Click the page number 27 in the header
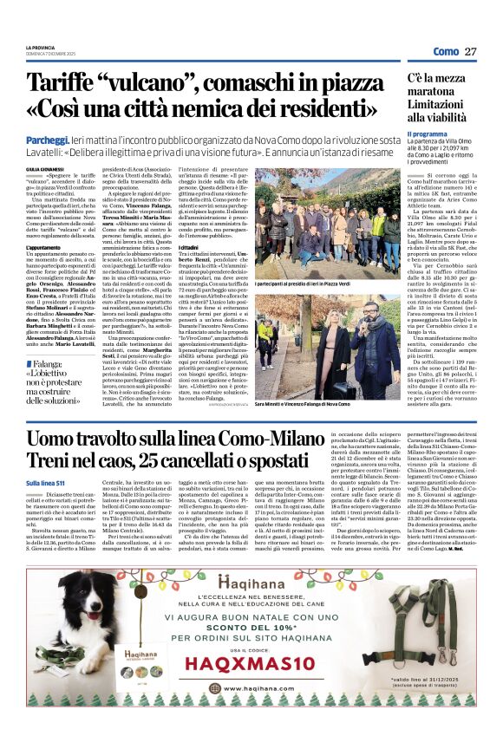471,51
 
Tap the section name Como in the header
444,52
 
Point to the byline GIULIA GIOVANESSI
45,169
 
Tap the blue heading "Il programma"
428,134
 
